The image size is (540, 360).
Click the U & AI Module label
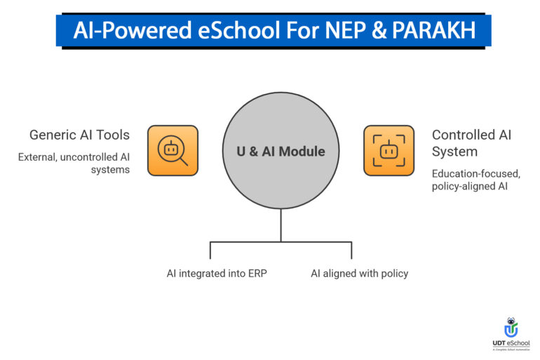(281, 151)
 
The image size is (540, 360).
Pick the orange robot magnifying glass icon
(173, 150)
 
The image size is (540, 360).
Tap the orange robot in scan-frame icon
(389, 150)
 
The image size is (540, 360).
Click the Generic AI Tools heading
(79, 134)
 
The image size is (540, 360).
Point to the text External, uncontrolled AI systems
(74, 164)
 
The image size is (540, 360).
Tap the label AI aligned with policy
(359, 273)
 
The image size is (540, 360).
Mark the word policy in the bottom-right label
(393, 273)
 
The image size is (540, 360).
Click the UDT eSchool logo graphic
(511, 327)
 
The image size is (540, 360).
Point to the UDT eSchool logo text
(511, 343)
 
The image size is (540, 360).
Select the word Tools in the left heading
(114, 134)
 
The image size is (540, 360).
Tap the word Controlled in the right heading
(461, 134)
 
